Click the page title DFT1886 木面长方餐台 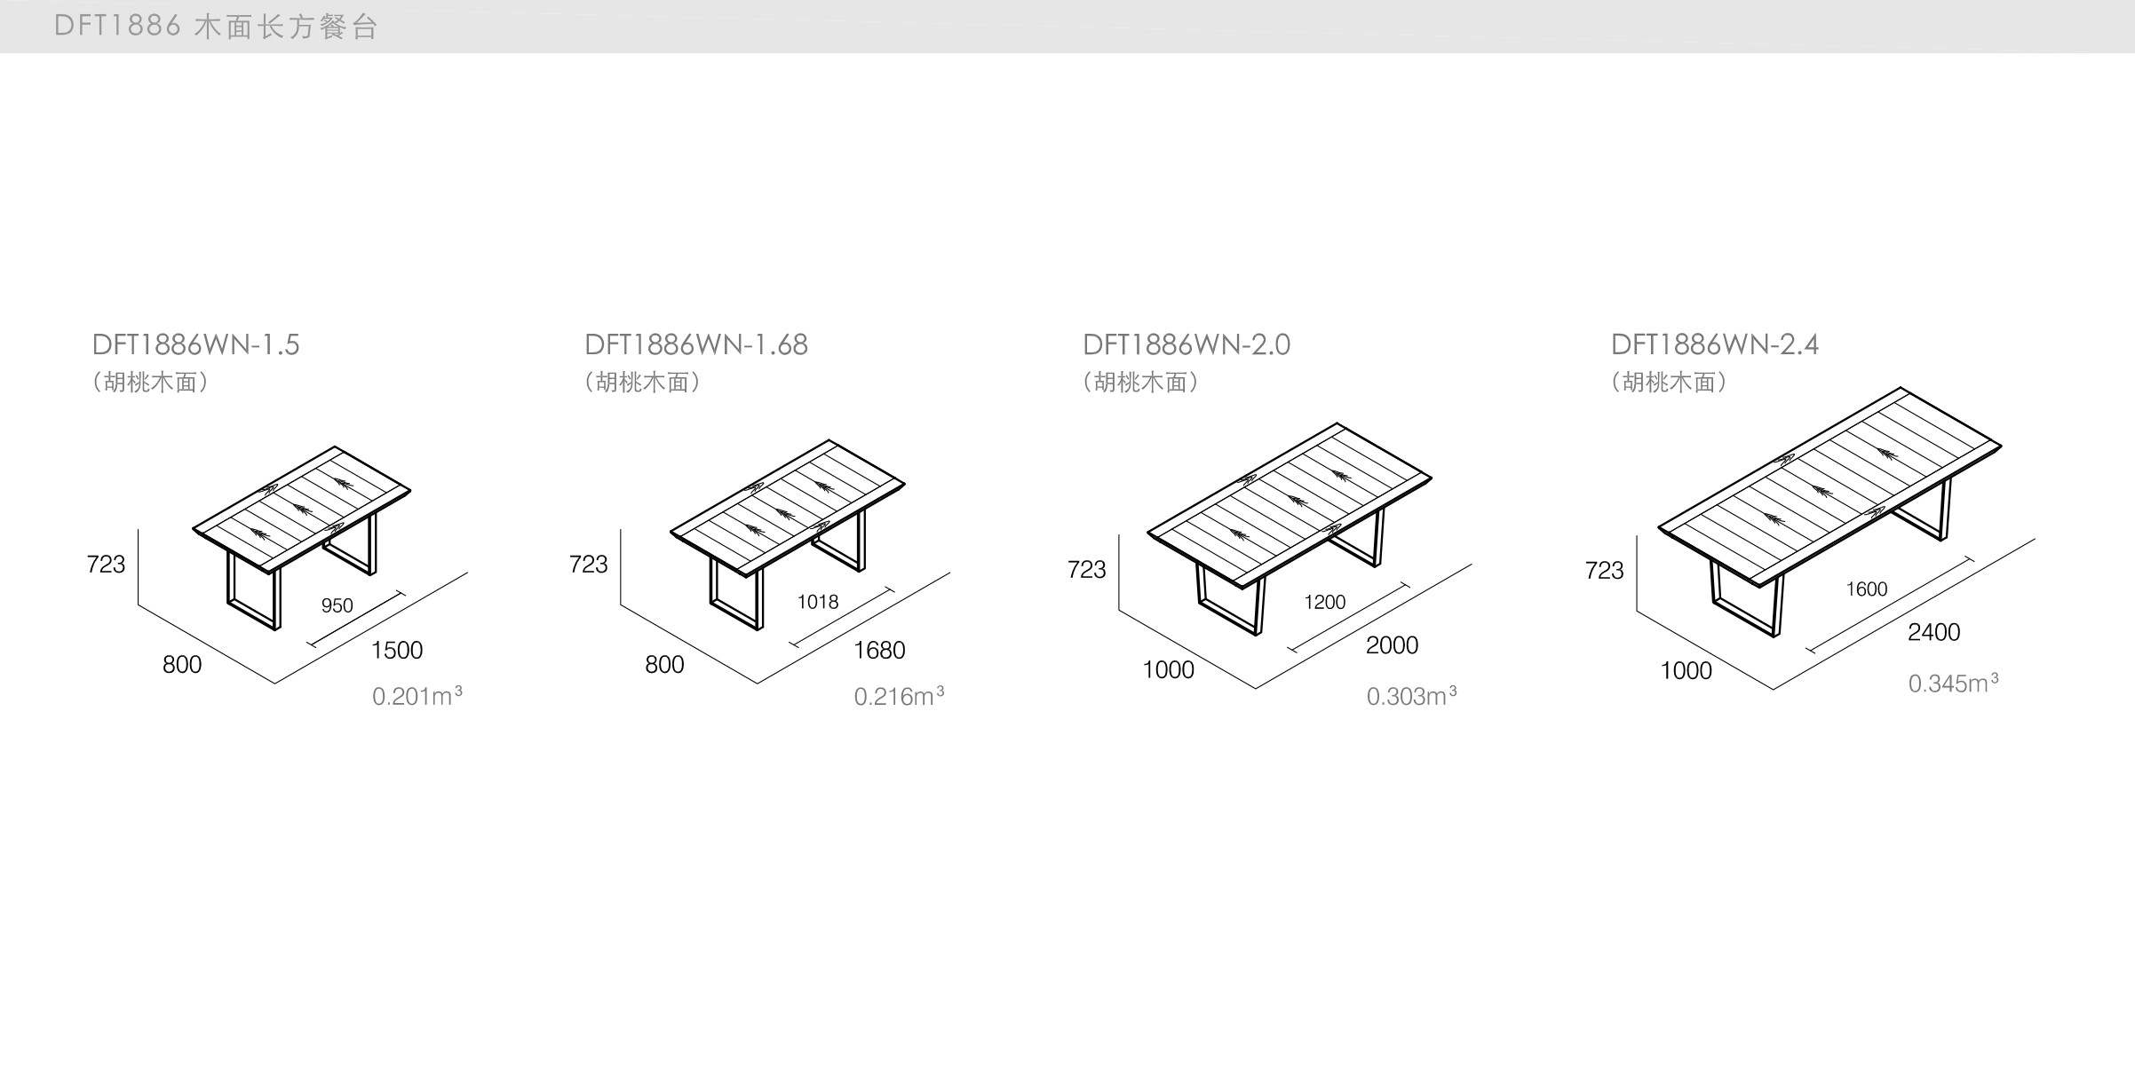pos(216,27)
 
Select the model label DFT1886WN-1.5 pos(196,344)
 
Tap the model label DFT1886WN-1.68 pos(696,344)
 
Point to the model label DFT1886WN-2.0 pos(1187,344)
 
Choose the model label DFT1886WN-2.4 pos(1715,344)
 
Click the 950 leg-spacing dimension pos(337,605)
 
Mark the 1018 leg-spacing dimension pos(818,602)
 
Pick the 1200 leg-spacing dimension pos(1324,602)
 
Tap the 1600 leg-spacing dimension pos(1866,589)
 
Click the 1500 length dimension pos(397,651)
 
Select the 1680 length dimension pos(879,651)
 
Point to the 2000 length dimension pos(1392,645)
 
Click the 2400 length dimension pos(1933,632)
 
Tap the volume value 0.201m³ pos(417,696)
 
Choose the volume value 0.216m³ pos(899,696)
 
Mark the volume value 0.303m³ pos(1411,696)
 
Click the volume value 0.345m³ pos(1953,683)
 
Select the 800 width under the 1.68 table pos(664,665)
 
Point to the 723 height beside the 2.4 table pos(1604,570)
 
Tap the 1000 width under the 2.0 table pos(1168,670)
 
